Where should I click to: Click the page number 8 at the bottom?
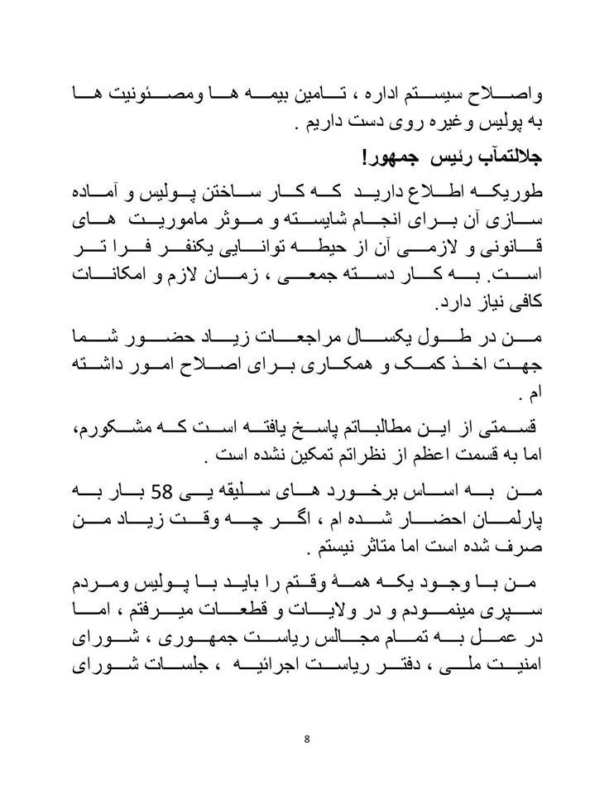click(306, 740)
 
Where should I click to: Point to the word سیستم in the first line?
click(449, 94)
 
